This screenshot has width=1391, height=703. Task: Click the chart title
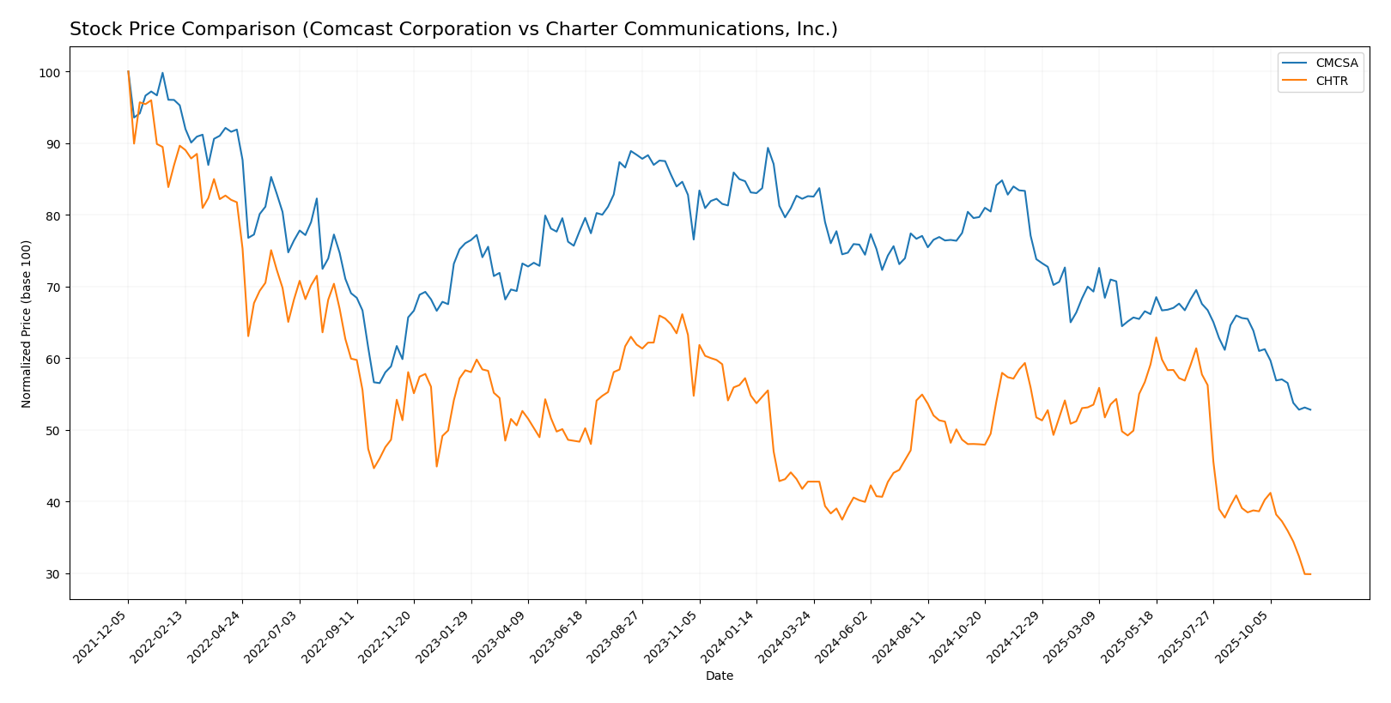[x=453, y=29]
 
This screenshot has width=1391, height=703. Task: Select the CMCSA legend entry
[x=1336, y=63]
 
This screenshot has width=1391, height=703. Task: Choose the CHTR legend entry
[x=1331, y=82]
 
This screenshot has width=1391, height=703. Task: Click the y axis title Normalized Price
[x=27, y=324]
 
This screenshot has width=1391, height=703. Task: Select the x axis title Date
[x=719, y=676]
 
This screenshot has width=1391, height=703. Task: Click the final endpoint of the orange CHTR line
[x=1310, y=574]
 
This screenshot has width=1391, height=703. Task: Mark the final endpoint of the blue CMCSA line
[x=1310, y=409]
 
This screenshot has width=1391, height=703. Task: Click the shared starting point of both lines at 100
[x=128, y=72]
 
